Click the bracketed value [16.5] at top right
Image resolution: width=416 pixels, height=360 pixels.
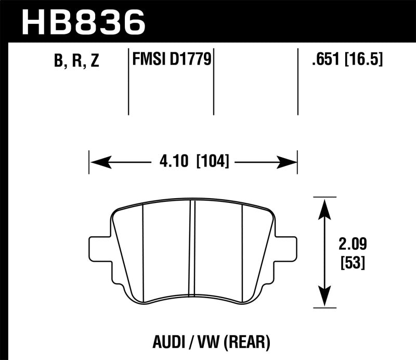coord(362,60)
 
